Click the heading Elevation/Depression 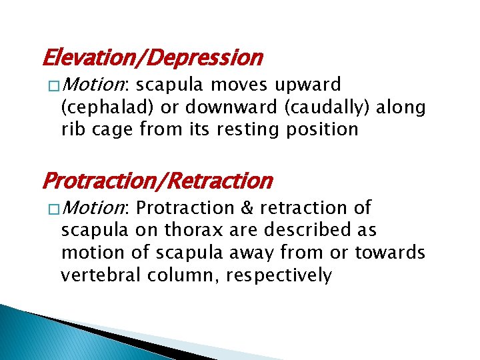(152, 59)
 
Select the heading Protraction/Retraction (157, 181)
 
